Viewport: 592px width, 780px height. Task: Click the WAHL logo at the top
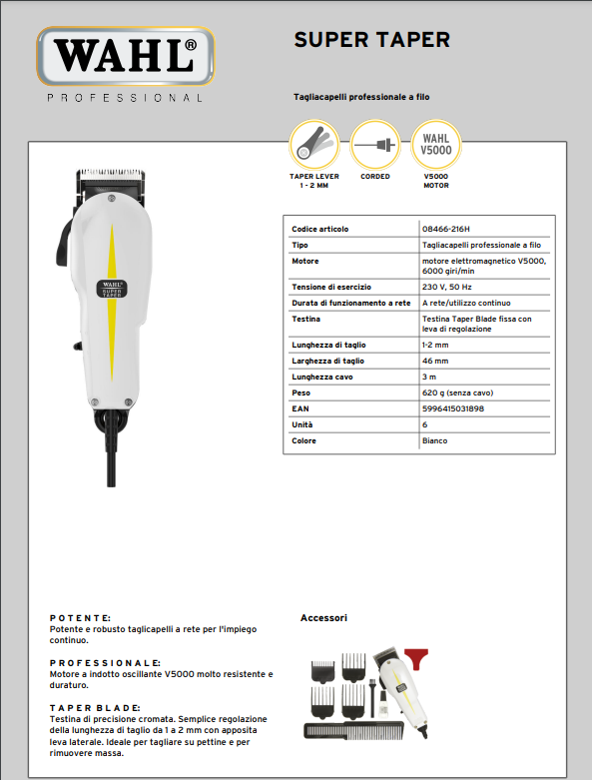pos(124,56)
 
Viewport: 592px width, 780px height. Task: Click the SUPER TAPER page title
pos(371,39)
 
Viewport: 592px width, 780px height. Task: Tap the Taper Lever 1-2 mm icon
pos(314,145)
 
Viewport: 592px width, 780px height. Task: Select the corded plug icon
pos(375,145)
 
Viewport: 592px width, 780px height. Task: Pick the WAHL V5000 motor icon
pos(436,145)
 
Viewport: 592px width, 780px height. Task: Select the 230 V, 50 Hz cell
pos(446,287)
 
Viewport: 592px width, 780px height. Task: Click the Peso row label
pos(300,392)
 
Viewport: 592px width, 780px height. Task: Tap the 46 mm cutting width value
pos(435,361)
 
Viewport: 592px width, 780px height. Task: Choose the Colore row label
pos(303,440)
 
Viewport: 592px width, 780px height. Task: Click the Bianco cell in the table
pos(434,440)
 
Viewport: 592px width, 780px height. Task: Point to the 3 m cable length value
pos(430,377)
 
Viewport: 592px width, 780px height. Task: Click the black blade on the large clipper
pos(110,177)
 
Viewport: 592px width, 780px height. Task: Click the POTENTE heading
pos(80,618)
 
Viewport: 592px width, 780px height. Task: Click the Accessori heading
pos(323,618)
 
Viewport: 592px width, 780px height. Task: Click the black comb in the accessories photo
pos(354,730)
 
